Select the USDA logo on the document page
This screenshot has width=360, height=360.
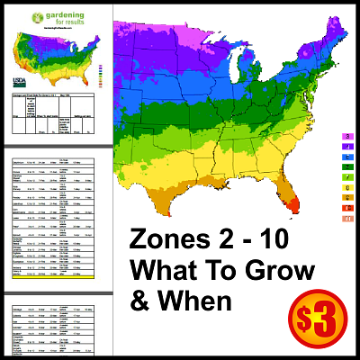(20, 75)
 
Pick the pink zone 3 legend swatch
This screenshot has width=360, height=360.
(347, 136)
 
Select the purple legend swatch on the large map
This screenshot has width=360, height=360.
(347, 146)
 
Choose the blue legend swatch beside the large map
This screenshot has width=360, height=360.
(347, 157)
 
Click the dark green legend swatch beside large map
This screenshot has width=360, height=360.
(347, 166)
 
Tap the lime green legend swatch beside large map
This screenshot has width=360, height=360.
(347, 177)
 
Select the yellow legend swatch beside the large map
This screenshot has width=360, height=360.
(347, 187)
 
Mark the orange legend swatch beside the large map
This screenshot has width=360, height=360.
(347, 197)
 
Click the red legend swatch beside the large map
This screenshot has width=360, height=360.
(347, 208)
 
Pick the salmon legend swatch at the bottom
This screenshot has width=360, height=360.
(347, 218)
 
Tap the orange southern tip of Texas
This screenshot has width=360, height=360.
(165, 212)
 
